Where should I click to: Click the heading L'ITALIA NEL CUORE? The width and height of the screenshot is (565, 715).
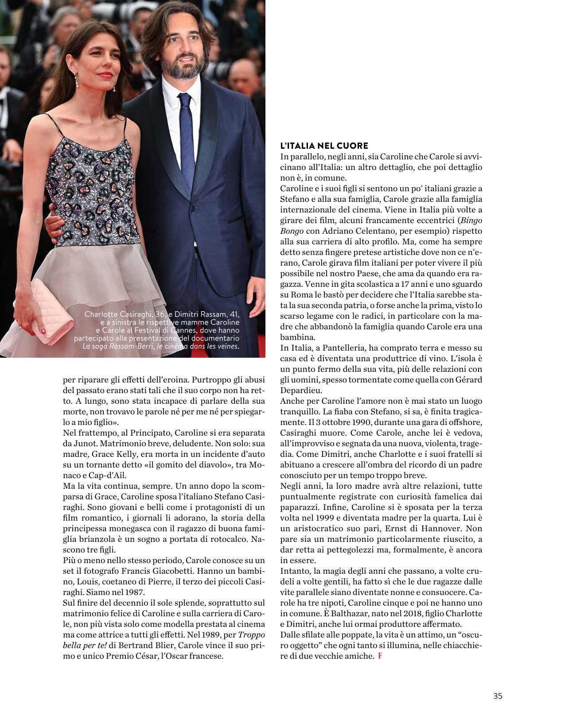[x=324, y=146]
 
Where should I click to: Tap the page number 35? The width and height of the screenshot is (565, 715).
[x=498, y=696]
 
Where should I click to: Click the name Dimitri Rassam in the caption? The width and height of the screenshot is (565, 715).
[x=199, y=314]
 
